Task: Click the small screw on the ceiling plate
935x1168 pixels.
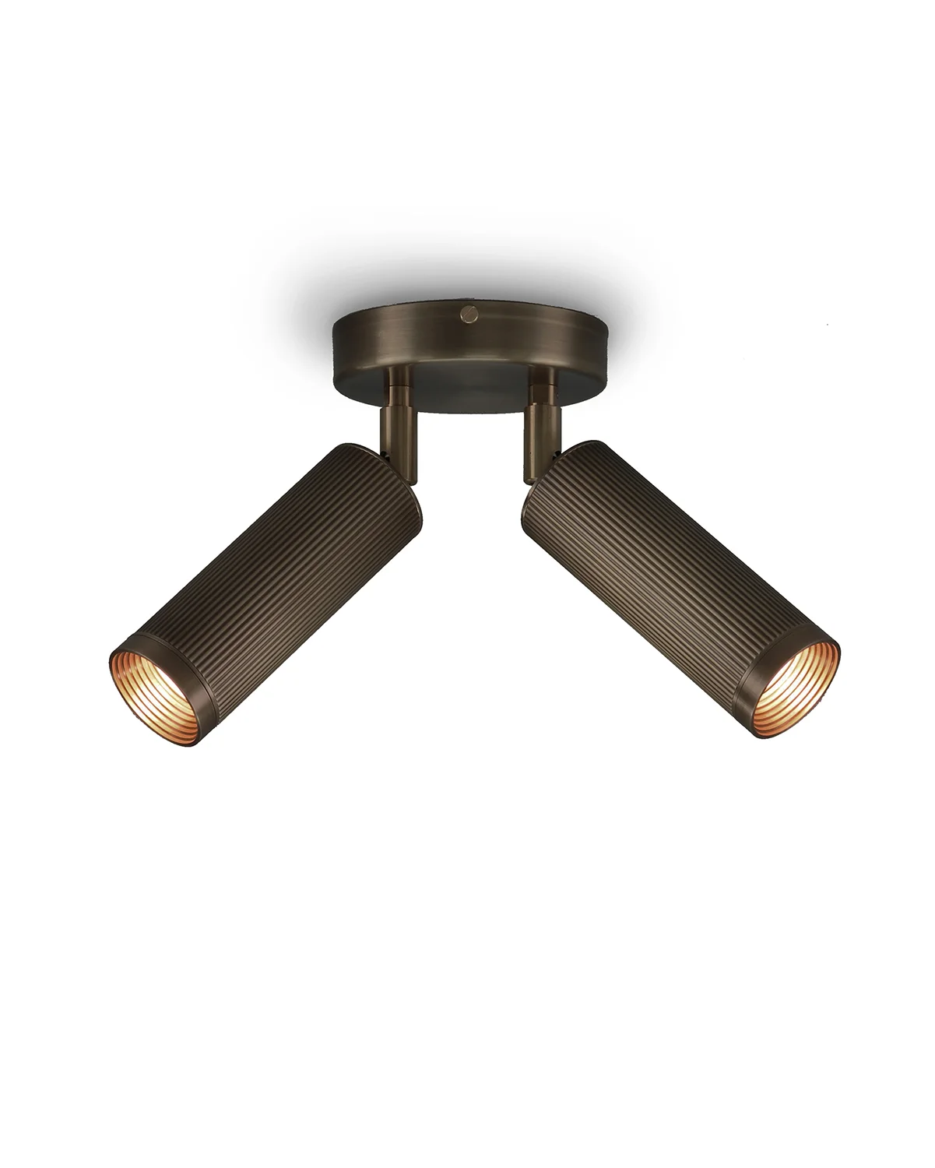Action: coord(467,313)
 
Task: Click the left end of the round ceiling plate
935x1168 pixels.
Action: coord(337,343)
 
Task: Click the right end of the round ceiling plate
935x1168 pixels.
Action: coord(604,343)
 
